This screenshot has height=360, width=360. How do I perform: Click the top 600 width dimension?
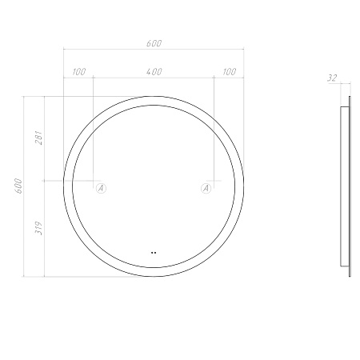[154, 43]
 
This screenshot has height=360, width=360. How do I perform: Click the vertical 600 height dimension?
[19, 186]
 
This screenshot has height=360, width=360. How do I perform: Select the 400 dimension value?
[154, 72]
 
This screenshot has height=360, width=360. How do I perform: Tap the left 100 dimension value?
[79, 72]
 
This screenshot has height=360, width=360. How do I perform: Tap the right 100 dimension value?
[230, 72]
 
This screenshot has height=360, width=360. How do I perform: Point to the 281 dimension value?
[39, 138]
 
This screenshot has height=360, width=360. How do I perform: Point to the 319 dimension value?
[39, 228]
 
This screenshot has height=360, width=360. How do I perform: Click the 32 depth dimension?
[332, 78]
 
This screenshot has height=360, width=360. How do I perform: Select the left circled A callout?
[101, 188]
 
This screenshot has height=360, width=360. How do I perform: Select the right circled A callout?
[206, 188]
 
